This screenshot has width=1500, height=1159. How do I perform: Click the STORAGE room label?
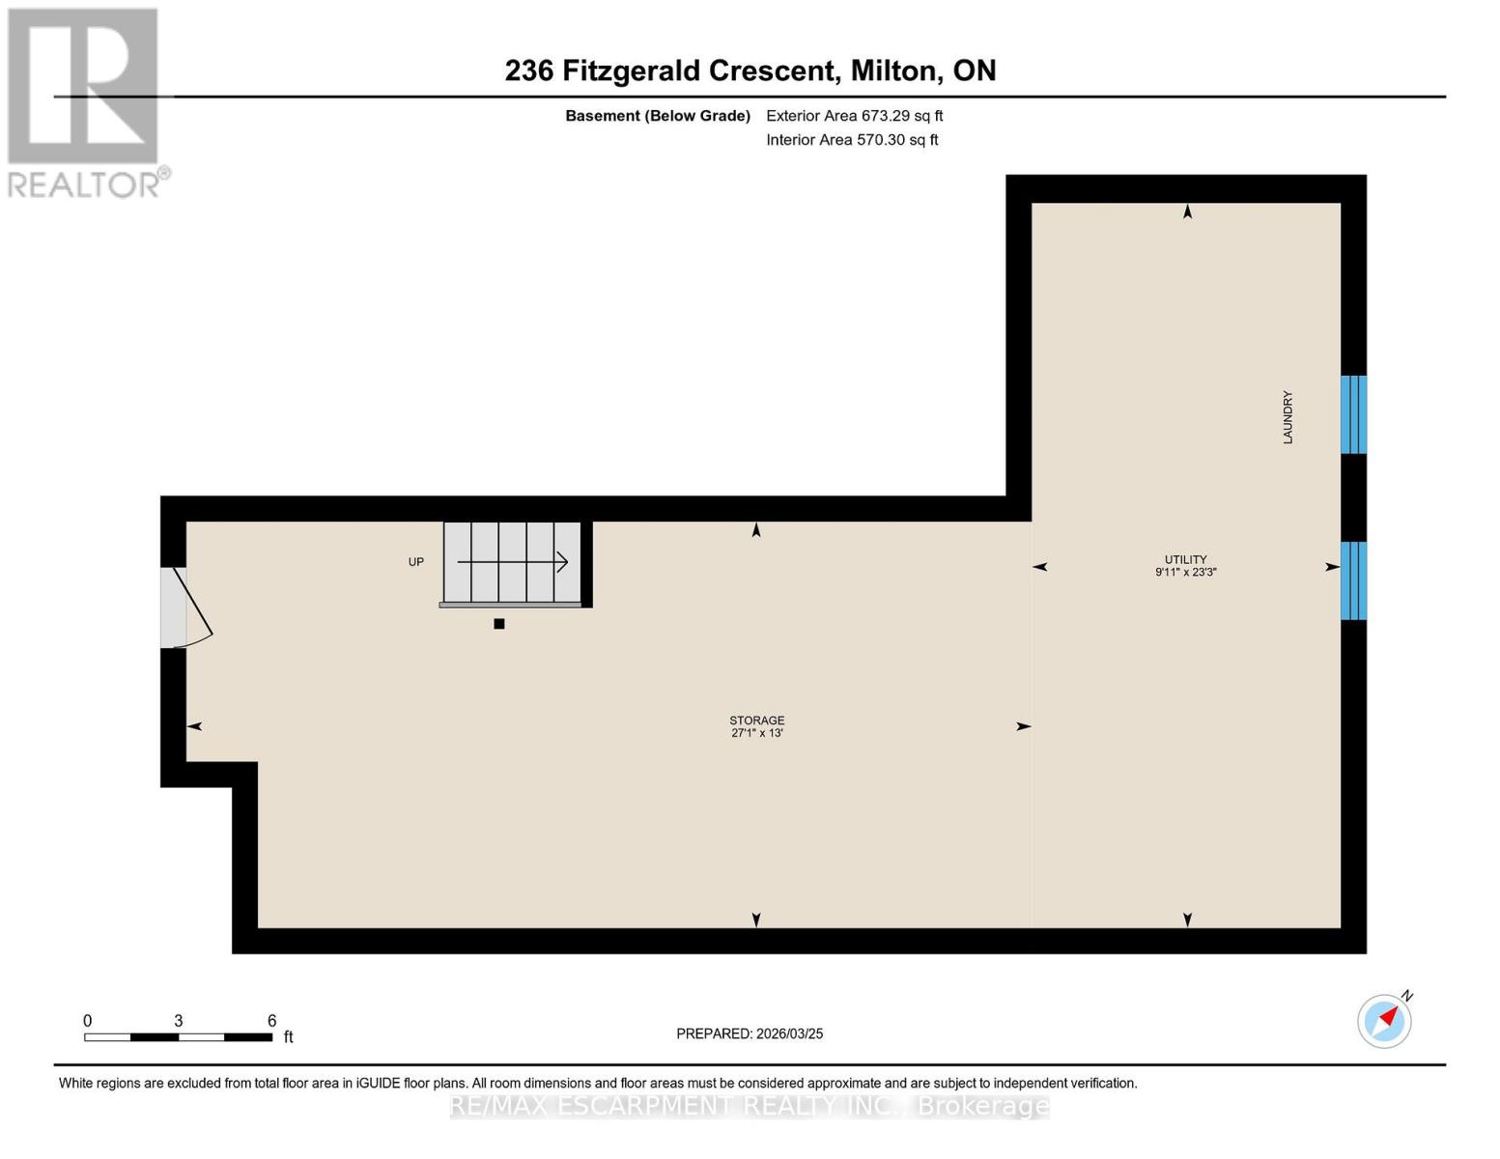(x=756, y=721)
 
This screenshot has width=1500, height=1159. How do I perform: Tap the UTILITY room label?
(x=1185, y=559)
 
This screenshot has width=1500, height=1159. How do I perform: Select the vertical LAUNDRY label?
(x=1288, y=417)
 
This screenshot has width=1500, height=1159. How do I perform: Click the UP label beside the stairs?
(x=416, y=562)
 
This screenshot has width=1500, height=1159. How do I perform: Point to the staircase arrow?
(x=512, y=562)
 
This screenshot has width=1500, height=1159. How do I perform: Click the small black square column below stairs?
(x=499, y=624)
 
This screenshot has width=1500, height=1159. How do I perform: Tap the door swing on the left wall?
(x=188, y=608)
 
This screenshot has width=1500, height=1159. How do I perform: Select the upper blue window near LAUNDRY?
(x=1353, y=414)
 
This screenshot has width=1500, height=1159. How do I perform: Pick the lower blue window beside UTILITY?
(x=1353, y=580)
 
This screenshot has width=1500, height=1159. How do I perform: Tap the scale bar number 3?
(x=179, y=1021)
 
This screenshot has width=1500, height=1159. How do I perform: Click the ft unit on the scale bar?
(x=288, y=1037)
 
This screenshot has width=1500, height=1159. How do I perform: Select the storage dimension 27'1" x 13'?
(x=756, y=733)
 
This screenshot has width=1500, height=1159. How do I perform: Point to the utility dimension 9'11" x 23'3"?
(x=1185, y=572)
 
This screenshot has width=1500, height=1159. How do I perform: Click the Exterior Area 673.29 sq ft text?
(x=854, y=116)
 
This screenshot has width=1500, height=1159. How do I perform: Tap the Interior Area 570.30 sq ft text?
(x=852, y=140)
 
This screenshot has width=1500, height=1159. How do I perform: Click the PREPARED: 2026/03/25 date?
(x=750, y=1033)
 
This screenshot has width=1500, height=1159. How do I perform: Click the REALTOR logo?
(x=85, y=101)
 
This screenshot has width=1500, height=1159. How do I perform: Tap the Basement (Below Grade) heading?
(x=657, y=116)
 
